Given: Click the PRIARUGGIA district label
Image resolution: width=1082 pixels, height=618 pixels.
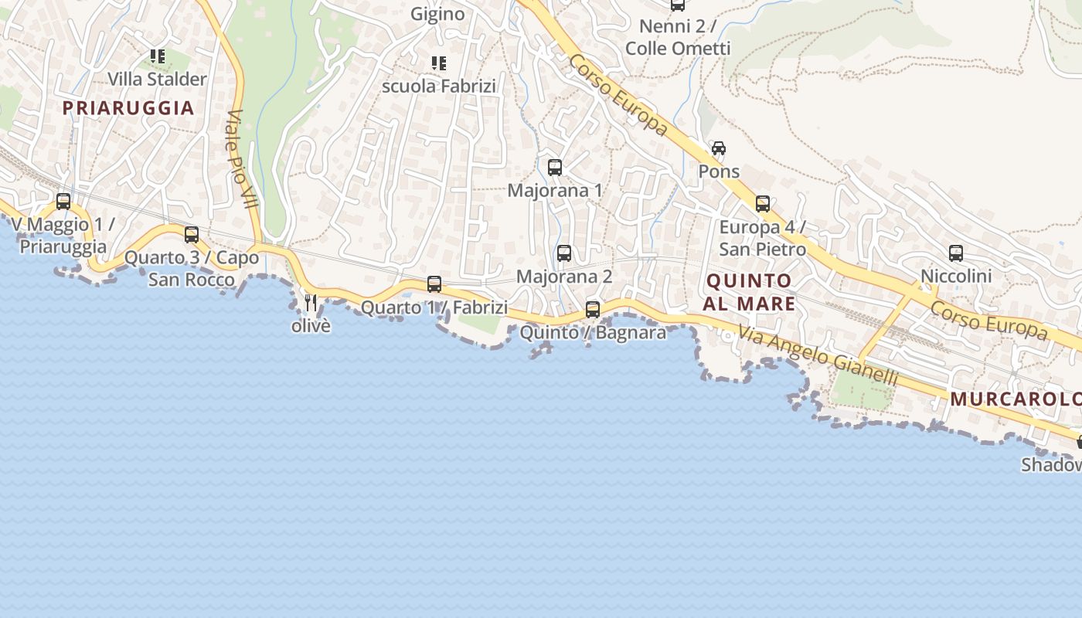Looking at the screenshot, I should pyautogui.click(x=128, y=108).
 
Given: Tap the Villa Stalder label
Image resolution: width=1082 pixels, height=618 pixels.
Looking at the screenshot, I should pyautogui.click(x=157, y=80).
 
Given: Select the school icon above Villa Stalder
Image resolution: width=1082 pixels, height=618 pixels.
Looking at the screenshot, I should pyautogui.click(x=158, y=56).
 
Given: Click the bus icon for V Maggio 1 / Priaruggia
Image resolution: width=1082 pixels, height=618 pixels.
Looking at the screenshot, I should pyautogui.click(x=63, y=202).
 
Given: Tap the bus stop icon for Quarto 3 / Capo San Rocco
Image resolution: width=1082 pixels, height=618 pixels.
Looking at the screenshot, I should pyautogui.click(x=192, y=235).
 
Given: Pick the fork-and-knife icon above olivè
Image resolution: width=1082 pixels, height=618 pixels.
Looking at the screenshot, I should pyautogui.click(x=311, y=303).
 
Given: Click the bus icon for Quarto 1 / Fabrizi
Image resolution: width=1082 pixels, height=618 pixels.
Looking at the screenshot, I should pyautogui.click(x=434, y=284).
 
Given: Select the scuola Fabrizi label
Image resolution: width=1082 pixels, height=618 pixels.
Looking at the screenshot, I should pyautogui.click(x=439, y=86).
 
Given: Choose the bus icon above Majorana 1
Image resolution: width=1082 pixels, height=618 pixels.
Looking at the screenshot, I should pyautogui.click(x=555, y=168).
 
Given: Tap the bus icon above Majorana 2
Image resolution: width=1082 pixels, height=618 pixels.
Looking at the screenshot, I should pyautogui.click(x=564, y=253).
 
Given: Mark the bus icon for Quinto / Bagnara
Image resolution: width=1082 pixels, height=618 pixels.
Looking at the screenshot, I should pyautogui.click(x=593, y=310).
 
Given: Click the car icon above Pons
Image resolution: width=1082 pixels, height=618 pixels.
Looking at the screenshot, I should pyautogui.click(x=719, y=148).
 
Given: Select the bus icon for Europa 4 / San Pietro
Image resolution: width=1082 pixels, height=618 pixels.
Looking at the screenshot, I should pyautogui.click(x=763, y=204).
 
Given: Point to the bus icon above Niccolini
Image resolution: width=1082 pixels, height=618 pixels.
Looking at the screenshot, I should pyautogui.click(x=956, y=253).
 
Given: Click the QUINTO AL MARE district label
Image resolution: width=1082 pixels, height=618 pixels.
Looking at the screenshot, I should pyautogui.click(x=749, y=292).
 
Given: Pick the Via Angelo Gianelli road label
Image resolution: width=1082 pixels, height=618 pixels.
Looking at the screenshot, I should pyautogui.click(x=818, y=355).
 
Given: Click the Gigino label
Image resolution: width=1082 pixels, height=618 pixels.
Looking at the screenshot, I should pyautogui.click(x=437, y=14).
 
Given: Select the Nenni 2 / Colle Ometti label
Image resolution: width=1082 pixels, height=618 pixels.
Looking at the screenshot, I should pyautogui.click(x=678, y=37).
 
